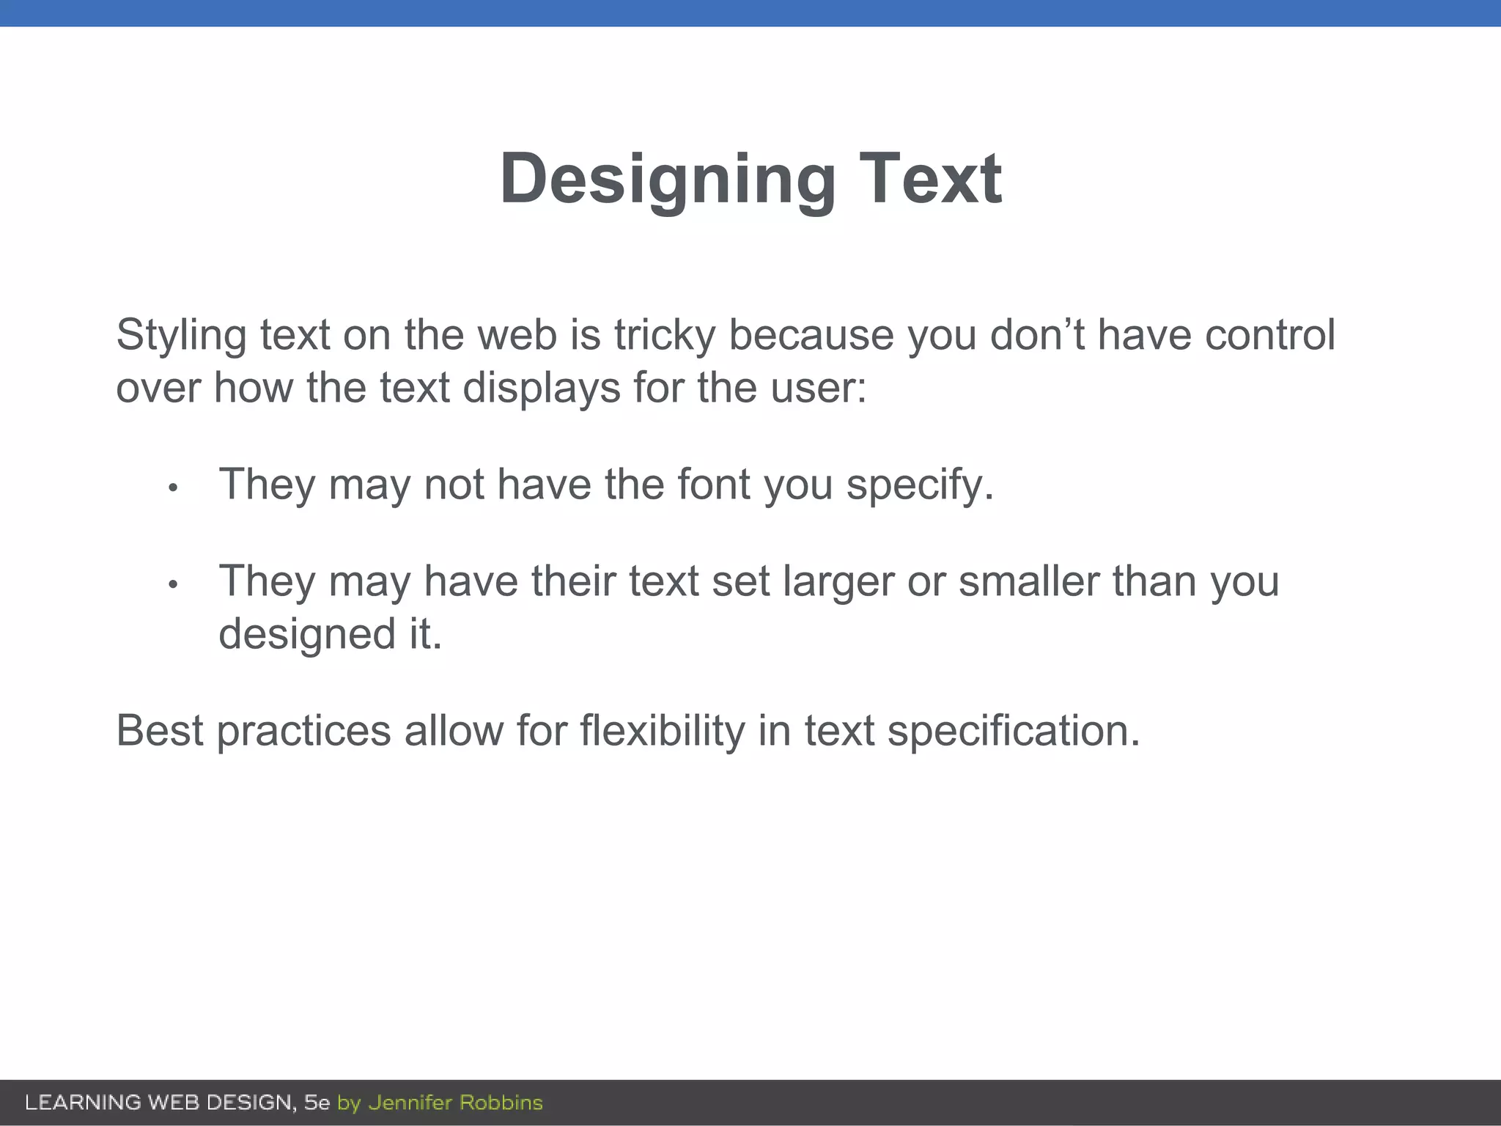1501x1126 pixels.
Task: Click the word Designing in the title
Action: [667, 180]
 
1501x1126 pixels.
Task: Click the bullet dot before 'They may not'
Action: [173, 487]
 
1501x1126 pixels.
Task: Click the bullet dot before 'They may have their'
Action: [173, 584]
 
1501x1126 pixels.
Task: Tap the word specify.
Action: [920, 486]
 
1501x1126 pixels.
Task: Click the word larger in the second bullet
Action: [838, 582]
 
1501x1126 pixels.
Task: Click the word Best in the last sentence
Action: [160, 731]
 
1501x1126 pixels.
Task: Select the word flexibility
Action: [663, 732]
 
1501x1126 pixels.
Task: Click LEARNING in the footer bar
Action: [83, 1103]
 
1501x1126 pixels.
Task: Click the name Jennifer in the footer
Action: [410, 1103]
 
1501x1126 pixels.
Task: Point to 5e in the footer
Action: [317, 1103]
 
